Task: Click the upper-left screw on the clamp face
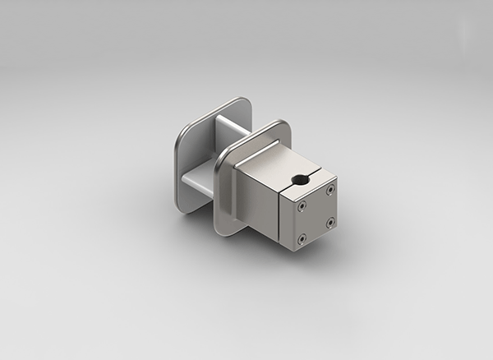[x=302, y=206]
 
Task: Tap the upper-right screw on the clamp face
[x=330, y=189]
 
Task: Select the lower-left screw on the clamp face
[x=302, y=239]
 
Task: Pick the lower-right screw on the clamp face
[x=329, y=221]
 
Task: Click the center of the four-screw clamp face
[x=316, y=214]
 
